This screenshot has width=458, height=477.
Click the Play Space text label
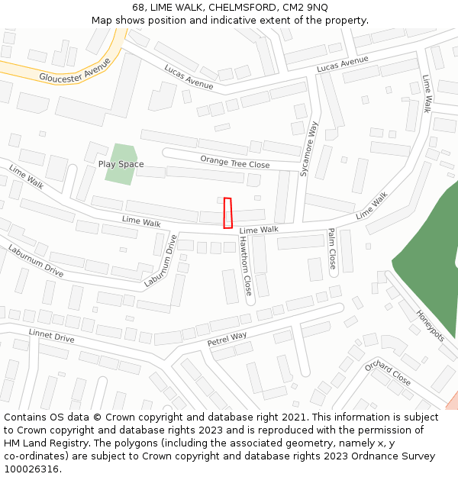(x=121, y=164)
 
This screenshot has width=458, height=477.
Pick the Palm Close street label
(x=332, y=250)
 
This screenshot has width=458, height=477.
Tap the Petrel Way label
(x=227, y=338)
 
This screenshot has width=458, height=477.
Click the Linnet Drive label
(x=51, y=336)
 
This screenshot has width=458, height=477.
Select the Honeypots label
(x=430, y=324)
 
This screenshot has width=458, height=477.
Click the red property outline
(x=227, y=213)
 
